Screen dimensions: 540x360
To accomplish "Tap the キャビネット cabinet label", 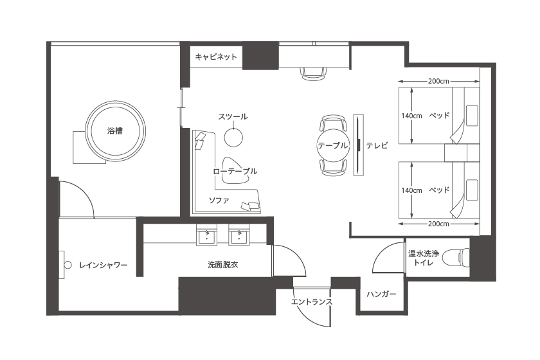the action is tap(216, 57).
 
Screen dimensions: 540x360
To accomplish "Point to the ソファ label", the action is tap(219, 200).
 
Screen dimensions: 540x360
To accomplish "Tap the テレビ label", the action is tap(377, 145).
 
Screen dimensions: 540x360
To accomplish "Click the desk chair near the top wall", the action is tap(313, 74).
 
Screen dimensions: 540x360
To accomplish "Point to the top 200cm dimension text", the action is tap(438, 81).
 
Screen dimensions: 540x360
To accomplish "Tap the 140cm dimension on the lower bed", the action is tap(411, 190).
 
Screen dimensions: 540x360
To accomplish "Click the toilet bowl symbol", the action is tap(456, 258).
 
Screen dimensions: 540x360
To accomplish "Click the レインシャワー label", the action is tap(104, 265).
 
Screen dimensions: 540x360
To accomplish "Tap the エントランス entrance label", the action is tap(312, 302).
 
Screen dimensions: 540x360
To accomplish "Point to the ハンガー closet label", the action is tap(381, 294).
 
